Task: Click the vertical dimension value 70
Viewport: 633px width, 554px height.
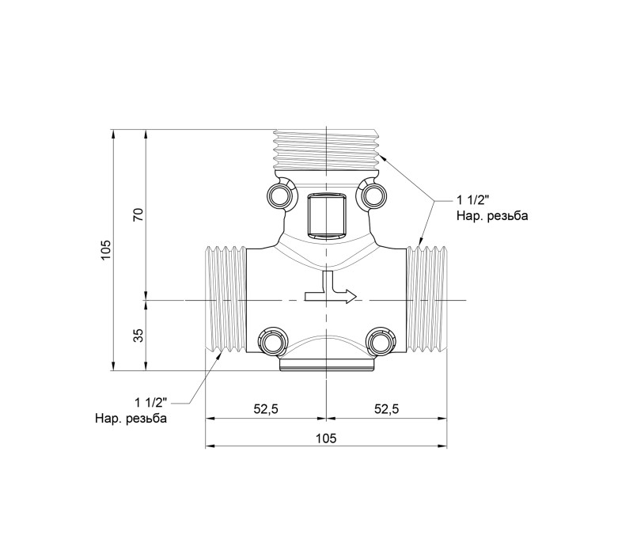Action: pyautogui.click(x=138, y=214)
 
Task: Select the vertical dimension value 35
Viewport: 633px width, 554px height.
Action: pyautogui.click(x=138, y=335)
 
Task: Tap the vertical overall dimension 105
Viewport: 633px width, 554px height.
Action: pyautogui.click(x=106, y=250)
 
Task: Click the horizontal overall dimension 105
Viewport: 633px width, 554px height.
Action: pyautogui.click(x=326, y=438)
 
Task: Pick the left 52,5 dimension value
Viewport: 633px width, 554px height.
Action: pyautogui.click(x=266, y=409)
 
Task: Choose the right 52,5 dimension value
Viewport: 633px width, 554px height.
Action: pyautogui.click(x=386, y=409)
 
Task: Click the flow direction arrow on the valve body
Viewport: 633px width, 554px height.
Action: pyautogui.click(x=331, y=288)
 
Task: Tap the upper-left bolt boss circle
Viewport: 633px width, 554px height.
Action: pyautogui.click(x=281, y=195)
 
